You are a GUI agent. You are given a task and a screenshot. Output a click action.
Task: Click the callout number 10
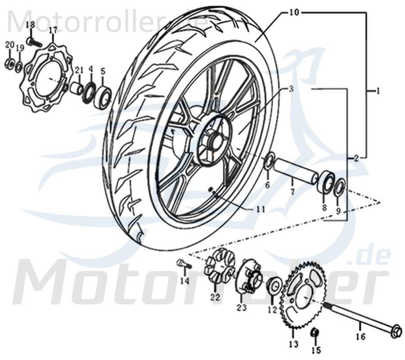pos(293,12)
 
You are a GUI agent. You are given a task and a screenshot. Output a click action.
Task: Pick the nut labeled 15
pos(315,333)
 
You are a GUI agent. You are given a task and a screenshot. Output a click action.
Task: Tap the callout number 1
pos(378,91)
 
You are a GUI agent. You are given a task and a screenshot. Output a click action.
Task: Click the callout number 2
pos(355,158)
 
